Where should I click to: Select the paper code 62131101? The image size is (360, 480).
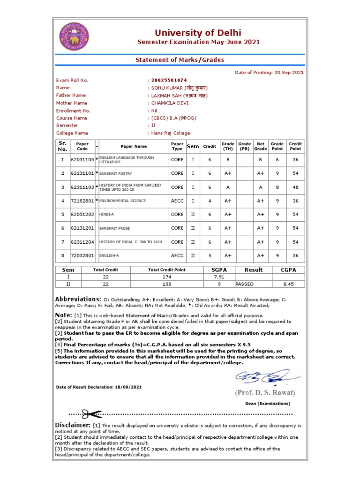[x=82, y=173]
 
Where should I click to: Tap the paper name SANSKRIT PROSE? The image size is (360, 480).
[x=115, y=228]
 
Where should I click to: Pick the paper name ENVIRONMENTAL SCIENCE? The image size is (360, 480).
[x=122, y=201]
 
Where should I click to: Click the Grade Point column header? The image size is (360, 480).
[x=277, y=146]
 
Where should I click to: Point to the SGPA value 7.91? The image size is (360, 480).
[x=219, y=277]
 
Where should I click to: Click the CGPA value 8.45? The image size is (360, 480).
[x=288, y=284]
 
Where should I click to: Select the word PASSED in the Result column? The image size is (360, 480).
[x=244, y=284]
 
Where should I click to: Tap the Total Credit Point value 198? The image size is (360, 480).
[x=167, y=284]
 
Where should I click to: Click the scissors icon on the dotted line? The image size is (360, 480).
[x=91, y=414]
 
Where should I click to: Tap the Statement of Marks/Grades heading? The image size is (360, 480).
[x=180, y=60]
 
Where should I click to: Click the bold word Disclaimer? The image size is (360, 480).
[x=73, y=424]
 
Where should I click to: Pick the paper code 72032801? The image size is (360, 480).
[x=82, y=256]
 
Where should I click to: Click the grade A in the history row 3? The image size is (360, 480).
[x=228, y=187]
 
